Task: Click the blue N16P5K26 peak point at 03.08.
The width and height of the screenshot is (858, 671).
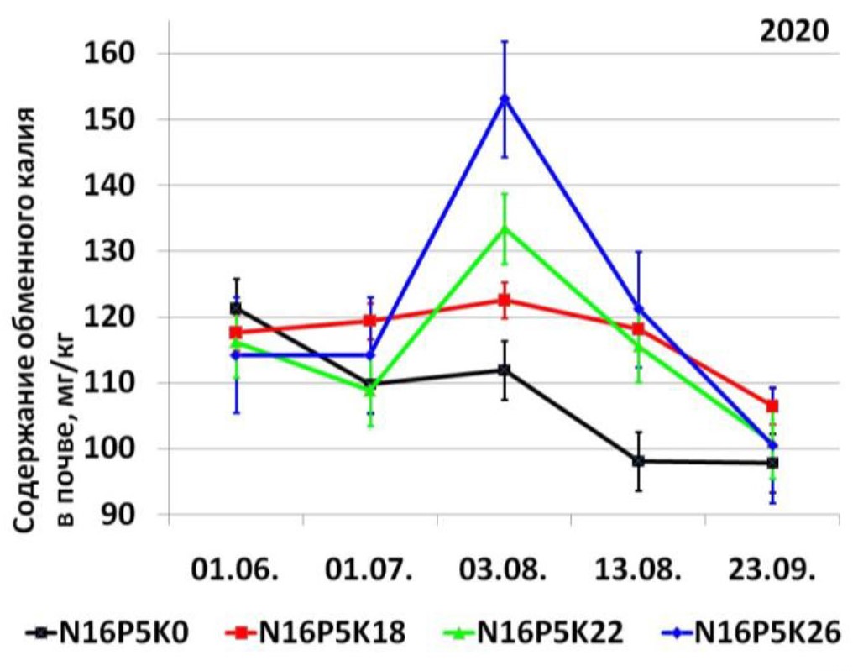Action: (x=505, y=99)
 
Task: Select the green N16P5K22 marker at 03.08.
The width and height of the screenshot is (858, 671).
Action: (x=505, y=228)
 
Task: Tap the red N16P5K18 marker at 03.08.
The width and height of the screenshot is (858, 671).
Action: (x=505, y=300)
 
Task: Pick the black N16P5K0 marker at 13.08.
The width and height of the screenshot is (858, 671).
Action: (x=639, y=461)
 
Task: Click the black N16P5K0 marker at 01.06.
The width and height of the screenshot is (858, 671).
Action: (x=236, y=308)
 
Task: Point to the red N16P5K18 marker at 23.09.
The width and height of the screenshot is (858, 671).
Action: (x=772, y=406)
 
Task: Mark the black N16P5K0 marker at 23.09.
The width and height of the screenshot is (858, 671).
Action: (x=772, y=463)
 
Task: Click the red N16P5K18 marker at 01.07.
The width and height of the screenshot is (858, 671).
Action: (x=369, y=321)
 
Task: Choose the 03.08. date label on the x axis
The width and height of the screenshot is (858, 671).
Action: (x=504, y=572)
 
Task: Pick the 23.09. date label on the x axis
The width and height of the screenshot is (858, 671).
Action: (x=772, y=572)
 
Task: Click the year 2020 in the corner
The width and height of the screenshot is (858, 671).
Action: (x=793, y=31)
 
